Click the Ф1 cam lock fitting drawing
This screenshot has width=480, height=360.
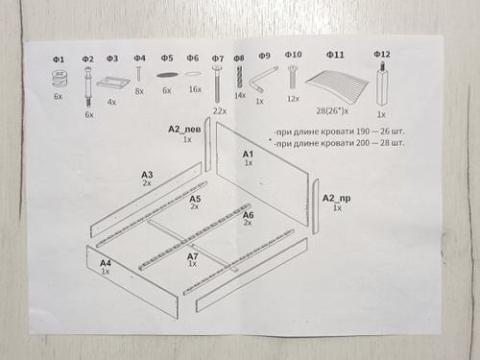coord(59,79)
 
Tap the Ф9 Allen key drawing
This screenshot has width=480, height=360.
coord(262,80)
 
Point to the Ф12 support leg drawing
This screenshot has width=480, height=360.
coord(382,84)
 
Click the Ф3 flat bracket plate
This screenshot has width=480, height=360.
coord(113,82)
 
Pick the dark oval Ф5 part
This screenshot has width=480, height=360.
coord(167,75)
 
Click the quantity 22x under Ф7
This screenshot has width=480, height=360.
coord(220,111)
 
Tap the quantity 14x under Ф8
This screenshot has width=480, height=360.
coord(240,95)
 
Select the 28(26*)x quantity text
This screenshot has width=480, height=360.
coord(332,111)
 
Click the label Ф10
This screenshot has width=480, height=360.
coord(293,55)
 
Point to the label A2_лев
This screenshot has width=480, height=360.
coord(184,129)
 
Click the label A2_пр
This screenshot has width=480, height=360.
coord(336,199)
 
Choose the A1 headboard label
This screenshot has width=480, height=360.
coord(248,155)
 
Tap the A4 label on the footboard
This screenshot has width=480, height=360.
coord(106,263)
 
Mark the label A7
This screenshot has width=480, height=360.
coord(193,256)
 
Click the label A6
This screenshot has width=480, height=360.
coord(249,215)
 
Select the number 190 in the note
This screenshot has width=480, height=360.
coord(363,132)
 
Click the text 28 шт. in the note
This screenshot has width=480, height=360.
coord(393,142)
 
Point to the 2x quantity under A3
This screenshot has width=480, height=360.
coord(147,183)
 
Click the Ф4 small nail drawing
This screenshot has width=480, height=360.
coord(139,73)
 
